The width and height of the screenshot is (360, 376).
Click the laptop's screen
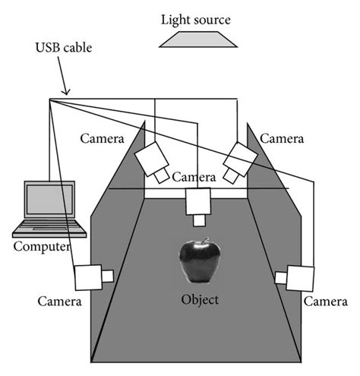click(48, 201)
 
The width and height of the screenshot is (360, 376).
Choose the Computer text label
click(43, 248)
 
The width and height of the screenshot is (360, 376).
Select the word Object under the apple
click(200, 299)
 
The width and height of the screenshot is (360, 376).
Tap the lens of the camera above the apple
click(200, 220)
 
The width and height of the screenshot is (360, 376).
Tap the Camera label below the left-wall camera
click(59, 302)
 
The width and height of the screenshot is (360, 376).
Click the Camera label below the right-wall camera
click(326, 302)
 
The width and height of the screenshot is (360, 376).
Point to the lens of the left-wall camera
click(108, 275)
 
